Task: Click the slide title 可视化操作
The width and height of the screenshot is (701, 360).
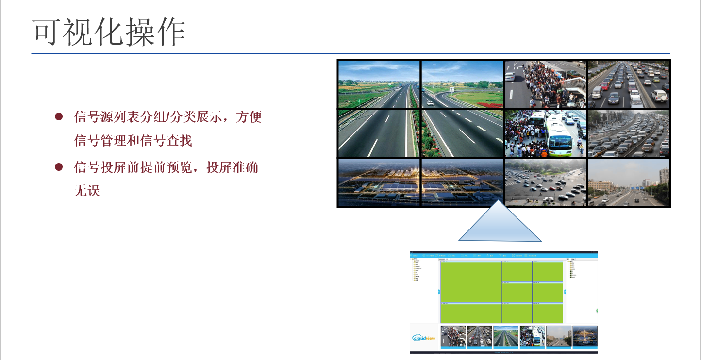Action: (x=109, y=33)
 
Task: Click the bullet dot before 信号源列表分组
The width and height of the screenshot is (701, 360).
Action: (x=59, y=116)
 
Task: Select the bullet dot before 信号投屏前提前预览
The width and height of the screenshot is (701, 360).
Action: (x=59, y=167)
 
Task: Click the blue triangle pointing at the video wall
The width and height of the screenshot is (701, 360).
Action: (x=500, y=226)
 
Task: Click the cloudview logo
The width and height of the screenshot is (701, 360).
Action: (x=424, y=337)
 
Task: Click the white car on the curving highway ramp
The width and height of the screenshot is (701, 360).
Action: (x=430, y=102)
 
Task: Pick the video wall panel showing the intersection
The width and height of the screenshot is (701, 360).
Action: (x=545, y=182)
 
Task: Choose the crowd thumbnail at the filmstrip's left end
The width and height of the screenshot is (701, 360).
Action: (x=452, y=336)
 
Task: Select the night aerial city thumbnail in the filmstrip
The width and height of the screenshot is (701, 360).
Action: (x=584, y=336)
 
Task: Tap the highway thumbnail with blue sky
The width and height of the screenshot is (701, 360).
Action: (x=505, y=336)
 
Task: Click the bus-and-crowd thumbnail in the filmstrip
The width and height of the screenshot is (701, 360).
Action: (x=532, y=336)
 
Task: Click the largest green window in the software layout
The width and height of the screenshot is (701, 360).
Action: (x=471, y=281)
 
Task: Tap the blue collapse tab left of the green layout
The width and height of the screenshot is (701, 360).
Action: (x=438, y=292)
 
